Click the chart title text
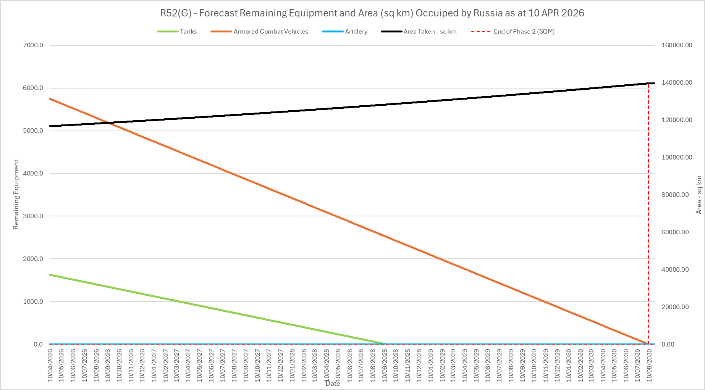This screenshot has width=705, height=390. tap(372, 13)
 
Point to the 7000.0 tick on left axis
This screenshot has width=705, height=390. tap(33, 45)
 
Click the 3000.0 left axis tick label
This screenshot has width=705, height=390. tap(33, 216)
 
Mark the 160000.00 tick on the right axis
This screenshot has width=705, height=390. tap(677, 45)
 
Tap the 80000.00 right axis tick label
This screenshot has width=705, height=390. tap(675, 195)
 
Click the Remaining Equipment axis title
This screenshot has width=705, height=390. tap(16, 195)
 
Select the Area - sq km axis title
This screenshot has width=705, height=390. tap(699, 195)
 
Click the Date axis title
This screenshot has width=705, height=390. tap(333, 384)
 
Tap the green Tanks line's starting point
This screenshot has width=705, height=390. tap(50, 275)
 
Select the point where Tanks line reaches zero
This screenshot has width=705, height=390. tap(386, 344)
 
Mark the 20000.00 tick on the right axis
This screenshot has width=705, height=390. tap(675, 307)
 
